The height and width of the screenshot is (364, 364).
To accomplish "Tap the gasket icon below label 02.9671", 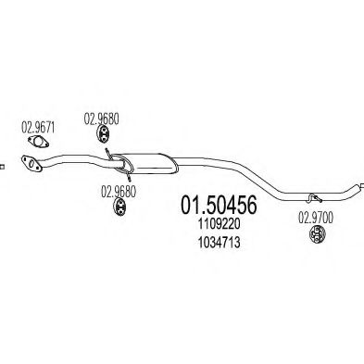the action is (x=37, y=142).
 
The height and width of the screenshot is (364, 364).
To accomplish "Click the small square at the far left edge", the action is (x=3, y=167).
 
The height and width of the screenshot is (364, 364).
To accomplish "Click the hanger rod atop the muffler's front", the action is (x=108, y=152).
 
